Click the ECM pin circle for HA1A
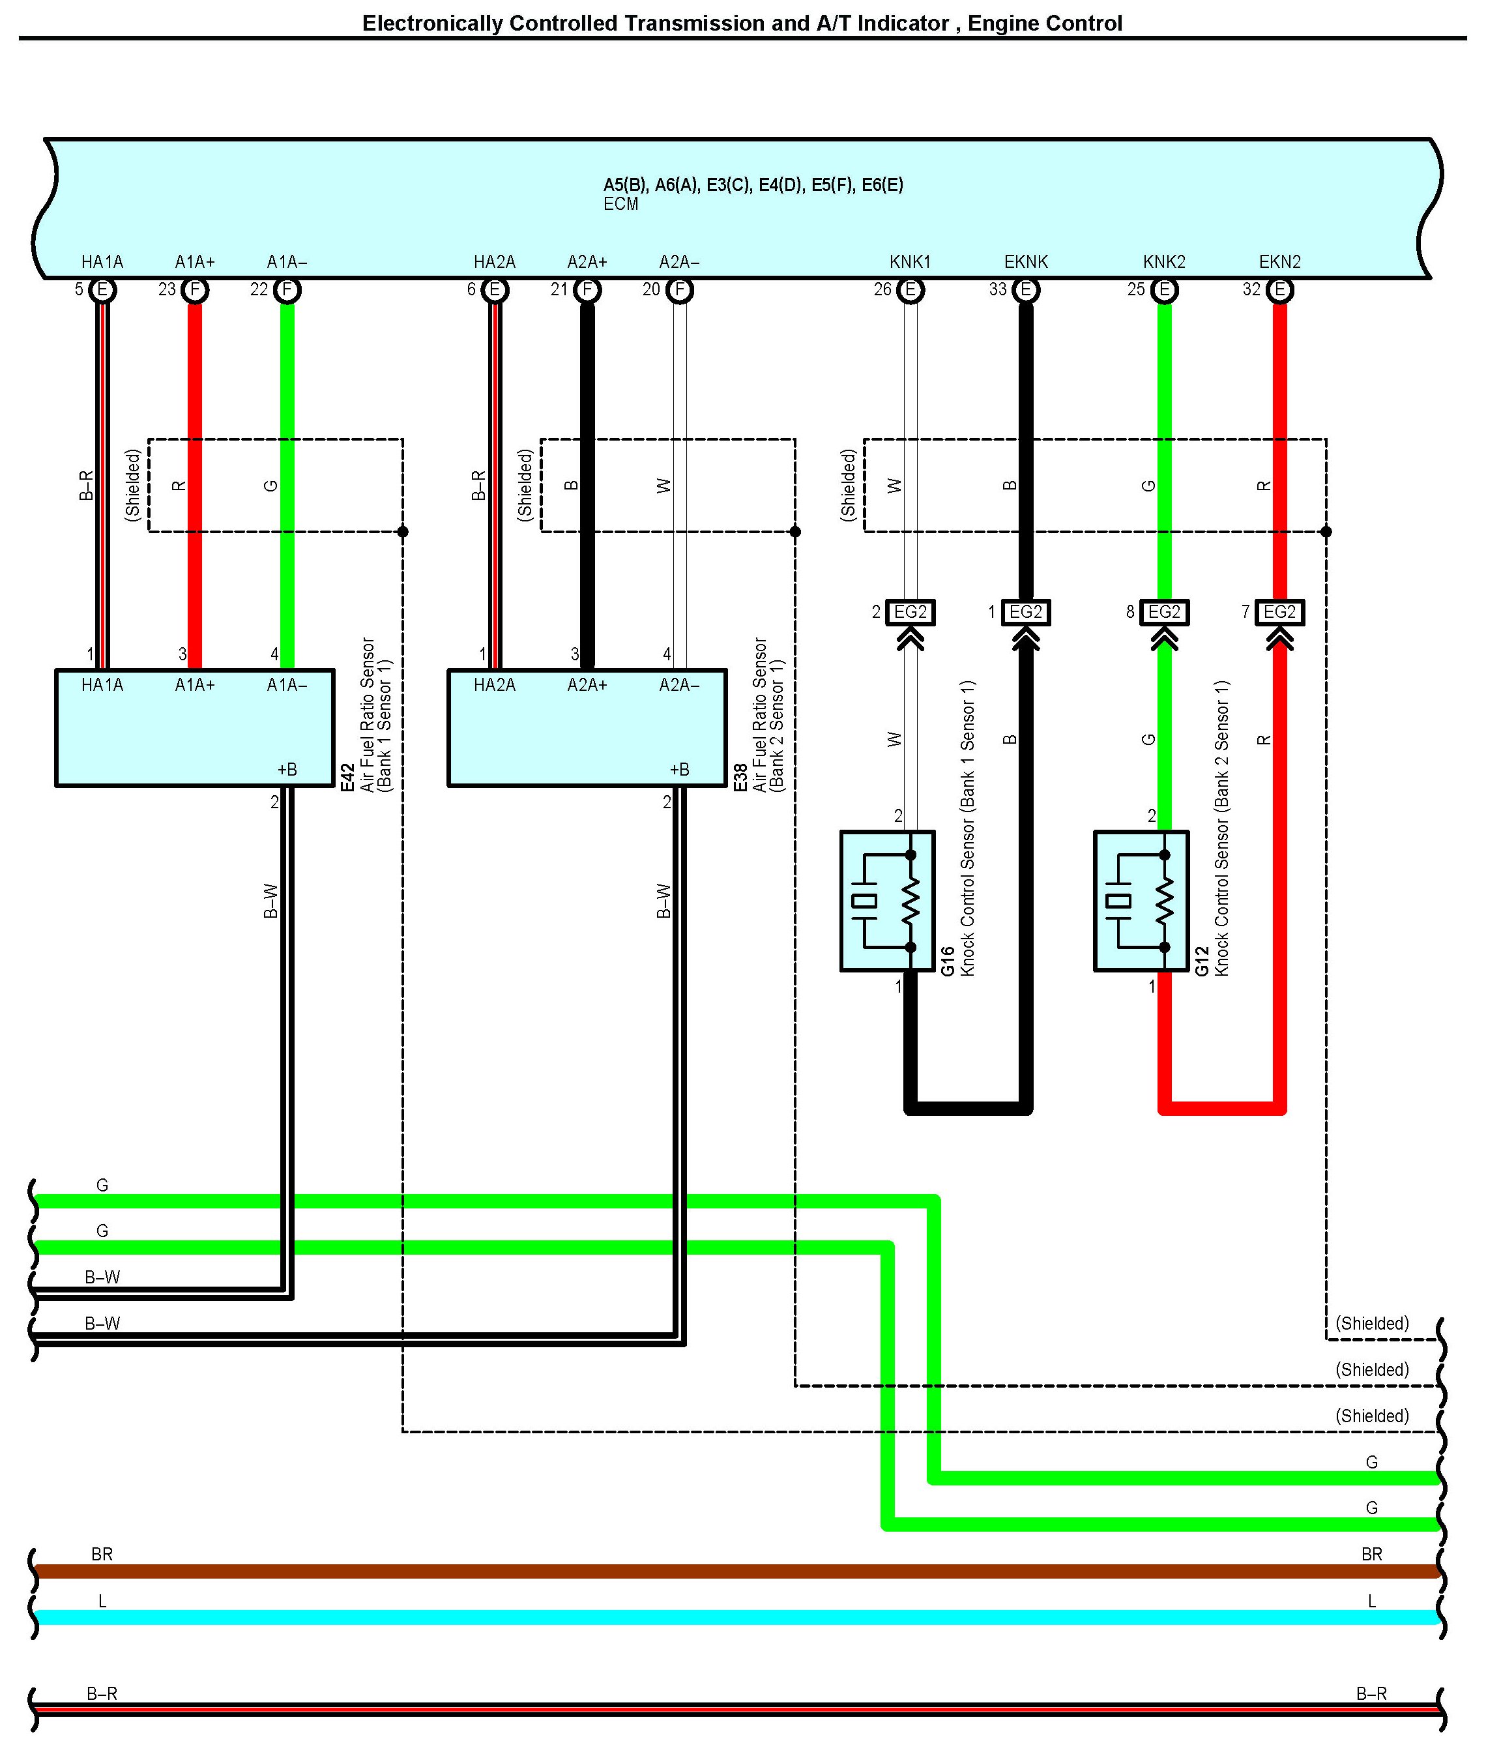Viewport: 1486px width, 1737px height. pos(102,290)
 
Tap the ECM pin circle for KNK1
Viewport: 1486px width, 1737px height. pos(911,290)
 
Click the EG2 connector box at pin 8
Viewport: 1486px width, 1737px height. pos(1164,612)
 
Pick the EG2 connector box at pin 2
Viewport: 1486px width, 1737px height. pos(911,612)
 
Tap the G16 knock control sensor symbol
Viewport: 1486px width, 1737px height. pos(887,901)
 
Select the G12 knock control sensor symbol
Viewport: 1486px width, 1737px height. pos(1141,901)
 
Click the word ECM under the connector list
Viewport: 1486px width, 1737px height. pos(620,205)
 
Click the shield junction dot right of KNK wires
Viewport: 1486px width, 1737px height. pos(1326,531)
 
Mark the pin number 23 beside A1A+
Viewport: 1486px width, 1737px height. pos(167,290)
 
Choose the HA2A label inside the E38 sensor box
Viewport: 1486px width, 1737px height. pos(495,686)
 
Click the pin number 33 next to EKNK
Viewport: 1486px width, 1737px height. pos(997,290)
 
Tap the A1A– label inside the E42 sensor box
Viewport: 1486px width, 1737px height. pos(287,686)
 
